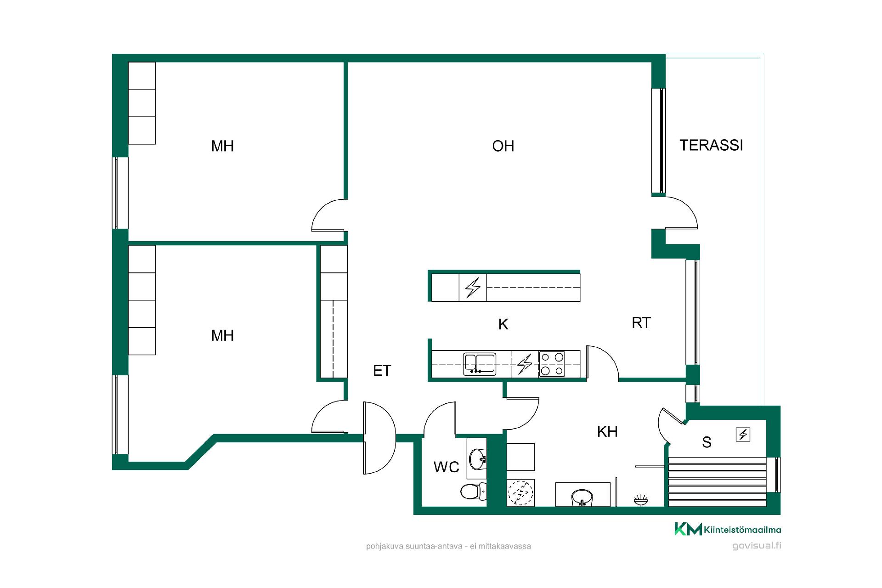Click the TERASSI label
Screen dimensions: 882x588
(x=711, y=145)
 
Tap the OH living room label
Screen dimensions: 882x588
(x=503, y=146)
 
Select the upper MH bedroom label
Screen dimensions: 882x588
(x=222, y=146)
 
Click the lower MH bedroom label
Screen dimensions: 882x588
(x=222, y=336)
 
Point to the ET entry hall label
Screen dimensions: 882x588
(x=382, y=371)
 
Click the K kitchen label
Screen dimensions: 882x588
(x=503, y=324)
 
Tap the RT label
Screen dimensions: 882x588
(x=641, y=323)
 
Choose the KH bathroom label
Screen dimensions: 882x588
(x=607, y=431)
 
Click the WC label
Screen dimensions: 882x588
(x=447, y=467)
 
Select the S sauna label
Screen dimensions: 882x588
(x=707, y=442)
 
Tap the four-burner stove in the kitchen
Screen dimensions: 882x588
(x=552, y=364)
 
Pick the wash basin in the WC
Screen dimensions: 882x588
(x=478, y=458)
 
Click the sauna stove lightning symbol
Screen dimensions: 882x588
(x=743, y=434)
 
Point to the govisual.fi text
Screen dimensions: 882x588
(x=757, y=546)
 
